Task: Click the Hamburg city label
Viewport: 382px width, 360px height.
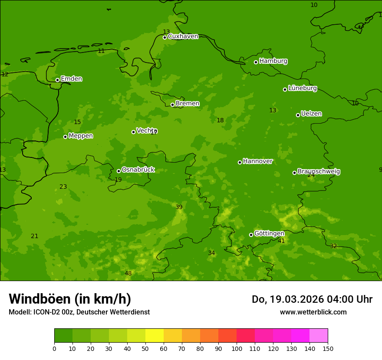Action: (273, 61)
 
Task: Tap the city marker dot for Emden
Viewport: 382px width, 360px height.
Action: (57, 80)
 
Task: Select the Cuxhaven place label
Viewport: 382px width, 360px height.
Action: (183, 36)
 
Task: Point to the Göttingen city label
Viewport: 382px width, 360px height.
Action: (269, 233)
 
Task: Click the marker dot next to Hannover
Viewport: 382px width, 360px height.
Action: (240, 162)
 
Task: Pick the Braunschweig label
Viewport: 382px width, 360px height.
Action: (319, 172)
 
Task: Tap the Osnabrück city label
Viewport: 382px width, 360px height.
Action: (138, 170)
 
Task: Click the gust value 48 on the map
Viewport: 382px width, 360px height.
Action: (128, 273)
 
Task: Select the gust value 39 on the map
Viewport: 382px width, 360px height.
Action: (179, 207)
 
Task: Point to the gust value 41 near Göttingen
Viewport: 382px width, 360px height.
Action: (281, 241)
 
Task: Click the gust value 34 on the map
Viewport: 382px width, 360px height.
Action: (211, 253)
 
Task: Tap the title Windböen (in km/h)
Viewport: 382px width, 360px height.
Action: (70, 299)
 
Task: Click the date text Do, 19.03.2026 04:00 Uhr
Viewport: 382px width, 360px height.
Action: (312, 299)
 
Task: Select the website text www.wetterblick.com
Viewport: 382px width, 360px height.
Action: (313, 312)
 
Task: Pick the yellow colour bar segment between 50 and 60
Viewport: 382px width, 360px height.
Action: (155, 335)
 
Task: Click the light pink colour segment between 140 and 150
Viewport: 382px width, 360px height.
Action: (319, 335)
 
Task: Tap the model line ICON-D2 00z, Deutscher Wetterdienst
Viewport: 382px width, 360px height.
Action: (79, 312)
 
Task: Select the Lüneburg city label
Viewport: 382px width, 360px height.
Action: (302, 88)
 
